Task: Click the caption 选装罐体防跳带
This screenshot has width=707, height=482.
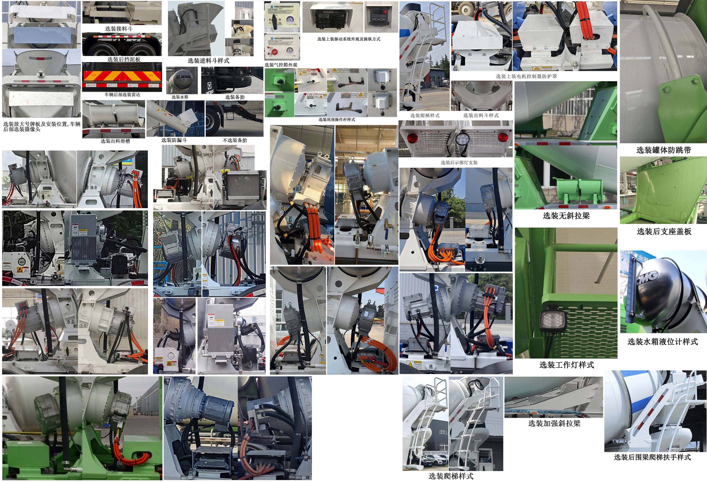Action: pyautogui.click(x=663, y=150)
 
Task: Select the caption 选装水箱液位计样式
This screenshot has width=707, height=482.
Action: pyautogui.click(x=662, y=342)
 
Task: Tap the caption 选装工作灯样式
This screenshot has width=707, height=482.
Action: pyautogui.click(x=567, y=365)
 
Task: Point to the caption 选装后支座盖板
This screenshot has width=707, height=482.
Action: pyautogui.click(x=664, y=231)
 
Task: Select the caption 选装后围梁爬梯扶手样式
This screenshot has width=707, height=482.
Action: pyautogui.click(x=652, y=457)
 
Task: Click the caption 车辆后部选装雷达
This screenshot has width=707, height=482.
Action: pyautogui.click(x=122, y=95)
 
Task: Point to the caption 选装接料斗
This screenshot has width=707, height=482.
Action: pyautogui.click(x=119, y=29)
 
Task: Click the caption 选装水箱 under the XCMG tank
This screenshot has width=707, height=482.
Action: pyautogui.click(x=180, y=97)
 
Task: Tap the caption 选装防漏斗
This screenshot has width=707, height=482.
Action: pyautogui.click(x=174, y=140)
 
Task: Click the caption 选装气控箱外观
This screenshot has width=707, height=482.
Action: pyautogui.click(x=281, y=65)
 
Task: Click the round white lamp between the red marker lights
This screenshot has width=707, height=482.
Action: pyautogui.click(x=462, y=138)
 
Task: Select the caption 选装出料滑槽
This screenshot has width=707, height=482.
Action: pyautogui.click(x=115, y=141)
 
